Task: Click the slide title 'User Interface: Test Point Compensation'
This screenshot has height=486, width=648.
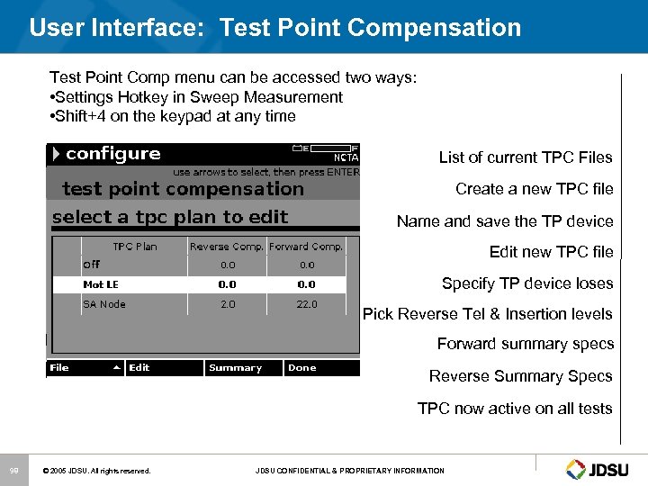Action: point(274,28)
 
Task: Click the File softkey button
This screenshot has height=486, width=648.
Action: point(84,368)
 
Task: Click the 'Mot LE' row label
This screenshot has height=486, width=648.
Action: point(101,284)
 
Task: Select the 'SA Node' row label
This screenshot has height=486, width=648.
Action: point(104,304)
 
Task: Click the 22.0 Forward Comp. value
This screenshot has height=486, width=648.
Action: point(307,304)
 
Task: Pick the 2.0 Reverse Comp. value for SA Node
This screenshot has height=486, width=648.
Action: point(228,304)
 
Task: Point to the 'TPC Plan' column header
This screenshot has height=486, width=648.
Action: point(134,247)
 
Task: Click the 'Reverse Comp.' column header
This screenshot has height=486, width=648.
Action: point(227,247)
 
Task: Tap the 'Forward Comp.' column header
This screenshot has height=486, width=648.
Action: point(307,247)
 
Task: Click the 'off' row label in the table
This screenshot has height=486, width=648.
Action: point(91,265)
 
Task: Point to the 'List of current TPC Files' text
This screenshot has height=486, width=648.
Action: point(526,157)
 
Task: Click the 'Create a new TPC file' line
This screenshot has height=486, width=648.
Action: point(534,189)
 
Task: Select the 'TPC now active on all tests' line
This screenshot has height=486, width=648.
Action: point(515,409)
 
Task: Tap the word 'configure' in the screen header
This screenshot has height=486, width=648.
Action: point(112,154)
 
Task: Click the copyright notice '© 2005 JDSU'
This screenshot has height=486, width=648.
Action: point(97,471)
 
